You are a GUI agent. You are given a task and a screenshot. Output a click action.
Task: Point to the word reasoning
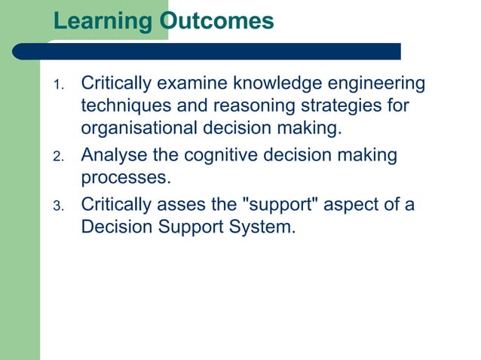coord(245,106)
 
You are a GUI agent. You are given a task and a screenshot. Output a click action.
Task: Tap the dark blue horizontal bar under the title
coord(226,50)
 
